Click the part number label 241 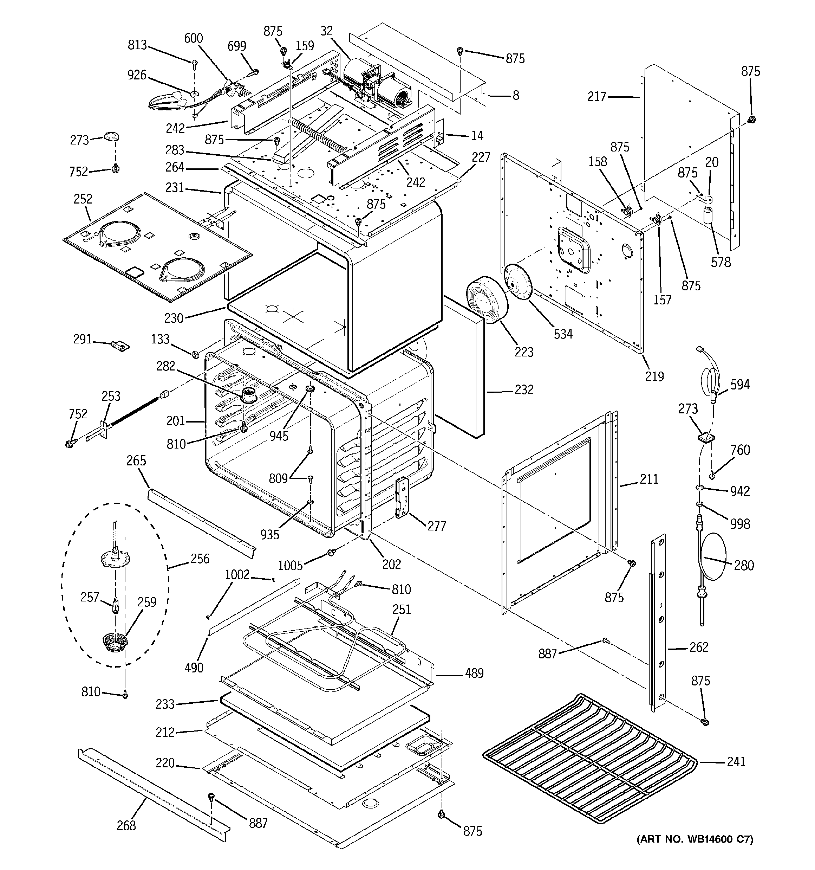point(736,762)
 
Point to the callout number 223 point(524,352)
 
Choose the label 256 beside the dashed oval point(200,559)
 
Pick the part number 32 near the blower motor point(326,31)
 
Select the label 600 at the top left point(193,39)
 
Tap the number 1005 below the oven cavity point(291,566)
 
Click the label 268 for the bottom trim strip point(126,826)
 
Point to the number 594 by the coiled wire point(740,385)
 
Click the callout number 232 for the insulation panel point(524,389)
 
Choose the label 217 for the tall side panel point(597,97)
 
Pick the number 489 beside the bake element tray point(474,673)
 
